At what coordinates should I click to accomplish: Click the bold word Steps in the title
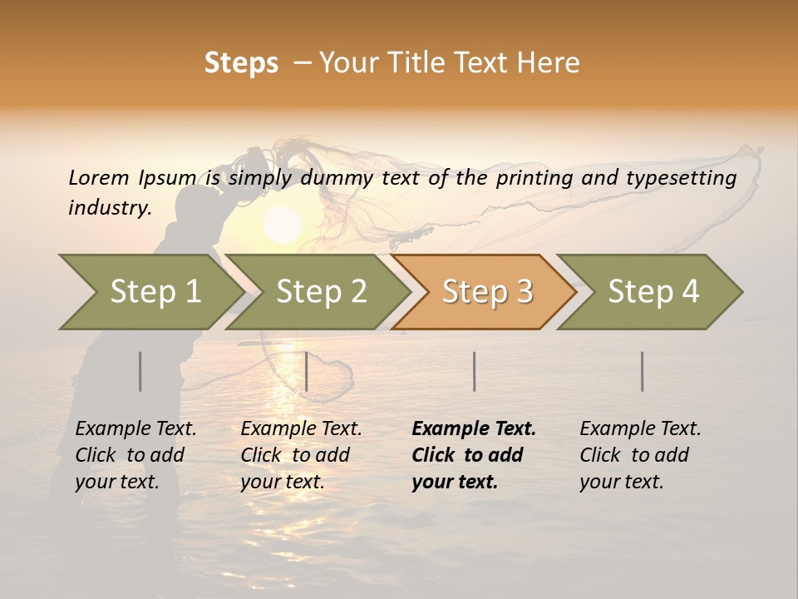pyautogui.click(x=241, y=63)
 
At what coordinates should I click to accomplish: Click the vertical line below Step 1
pyautogui.click(x=140, y=371)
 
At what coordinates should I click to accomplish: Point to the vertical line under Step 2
pyautogui.click(x=307, y=371)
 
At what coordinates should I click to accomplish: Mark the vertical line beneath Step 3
pyautogui.click(x=474, y=371)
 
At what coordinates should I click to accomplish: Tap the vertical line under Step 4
pyautogui.click(x=643, y=371)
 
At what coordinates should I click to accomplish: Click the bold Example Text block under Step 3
pyautogui.click(x=474, y=455)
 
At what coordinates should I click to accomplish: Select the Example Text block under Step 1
pyautogui.click(x=135, y=455)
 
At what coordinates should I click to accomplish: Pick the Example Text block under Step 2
pyautogui.click(x=301, y=455)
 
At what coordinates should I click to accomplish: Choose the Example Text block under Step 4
pyautogui.click(x=640, y=455)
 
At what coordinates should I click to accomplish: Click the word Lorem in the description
pyautogui.click(x=99, y=178)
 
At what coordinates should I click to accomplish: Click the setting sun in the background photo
pyautogui.click(x=283, y=225)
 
